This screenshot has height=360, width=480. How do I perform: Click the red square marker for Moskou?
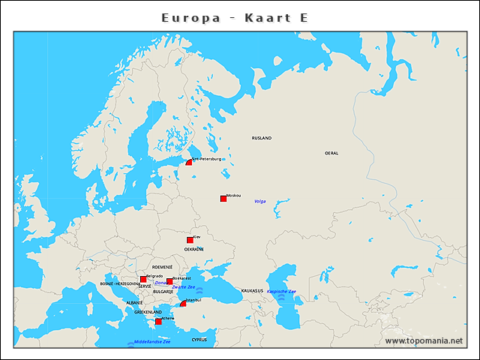pyautogui.click(x=223, y=199)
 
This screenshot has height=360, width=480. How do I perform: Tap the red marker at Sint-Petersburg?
pyautogui.click(x=190, y=162)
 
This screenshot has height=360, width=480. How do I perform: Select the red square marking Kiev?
pyautogui.click(x=190, y=240)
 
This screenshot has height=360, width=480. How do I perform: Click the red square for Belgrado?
pyautogui.click(x=143, y=279)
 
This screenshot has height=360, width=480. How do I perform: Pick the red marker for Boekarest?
pyautogui.click(x=169, y=281)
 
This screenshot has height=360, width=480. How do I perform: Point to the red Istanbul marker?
pyautogui.click(x=183, y=303)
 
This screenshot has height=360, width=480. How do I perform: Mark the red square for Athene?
pyautogui.click(x=157, y=321)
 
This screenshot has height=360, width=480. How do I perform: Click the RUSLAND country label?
pyautogui.click(x=262, y=138)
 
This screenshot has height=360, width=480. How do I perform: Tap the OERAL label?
pyautogui.click(x=331, y=153)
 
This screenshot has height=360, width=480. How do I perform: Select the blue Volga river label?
pyautogui.click(x=260, y=201)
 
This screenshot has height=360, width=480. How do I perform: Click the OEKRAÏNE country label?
pyautogui.click(x=194, y=249)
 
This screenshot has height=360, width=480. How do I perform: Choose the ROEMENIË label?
pyautogui.click(x=163, y=267)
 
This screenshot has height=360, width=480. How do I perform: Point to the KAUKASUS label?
pyautogui.click(x=253, y=290)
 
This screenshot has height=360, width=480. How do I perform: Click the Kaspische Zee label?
pyautogui.click(x=282, y=291)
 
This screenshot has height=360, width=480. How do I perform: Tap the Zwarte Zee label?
pyautogui.click(x=184, y=287)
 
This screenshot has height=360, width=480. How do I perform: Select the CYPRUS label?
pyautogui.click(x=199, y=339)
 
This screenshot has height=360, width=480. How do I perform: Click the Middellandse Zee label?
pyautogui.click(x=152, y=342)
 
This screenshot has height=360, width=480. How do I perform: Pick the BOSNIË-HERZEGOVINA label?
pyautogui.click(x=120, y=284)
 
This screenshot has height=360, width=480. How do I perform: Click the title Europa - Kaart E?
pyautogui.click(x=235, y=17)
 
